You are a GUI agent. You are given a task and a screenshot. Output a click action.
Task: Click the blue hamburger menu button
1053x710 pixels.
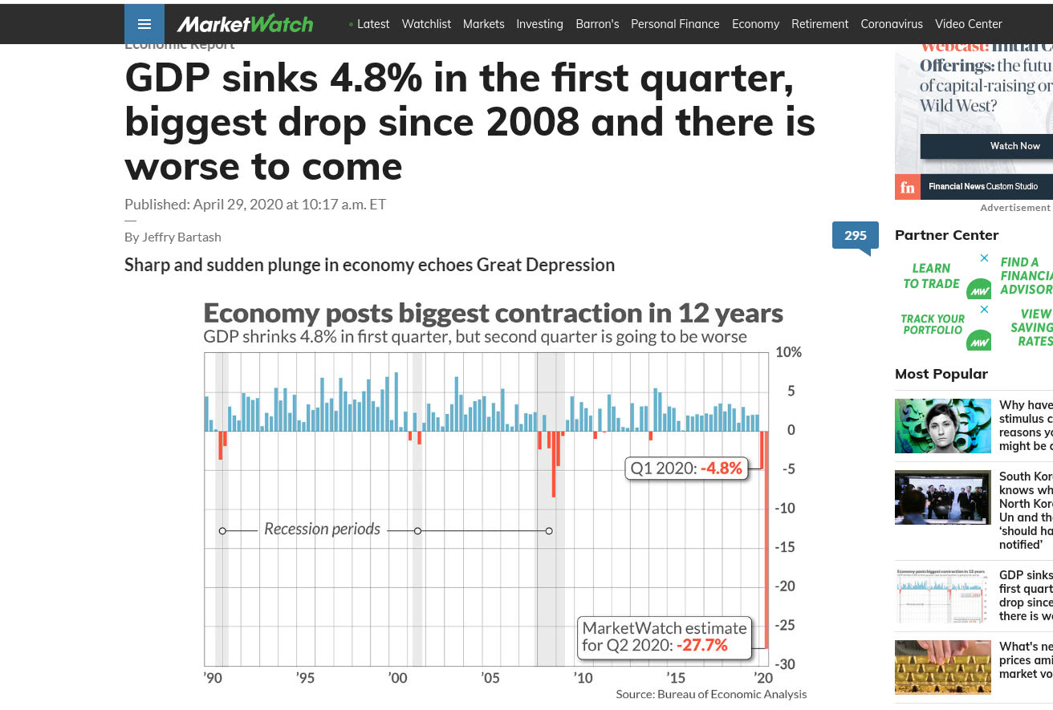click(144, 24)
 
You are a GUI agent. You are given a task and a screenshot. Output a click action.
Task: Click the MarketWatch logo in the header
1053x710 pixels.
click(245, 24)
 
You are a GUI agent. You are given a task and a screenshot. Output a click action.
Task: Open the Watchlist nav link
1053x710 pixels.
click(426, 24)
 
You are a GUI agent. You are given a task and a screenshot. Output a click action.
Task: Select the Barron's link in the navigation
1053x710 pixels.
click(597, 24)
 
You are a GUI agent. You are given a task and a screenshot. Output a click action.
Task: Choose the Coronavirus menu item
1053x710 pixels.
click(892, 24)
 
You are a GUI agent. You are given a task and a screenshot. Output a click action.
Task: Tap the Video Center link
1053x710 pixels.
click(969, 24)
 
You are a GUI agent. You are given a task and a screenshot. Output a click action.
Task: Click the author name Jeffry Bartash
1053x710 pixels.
click(184, 237)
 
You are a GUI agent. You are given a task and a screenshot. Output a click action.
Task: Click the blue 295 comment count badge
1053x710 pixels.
click(855, 235)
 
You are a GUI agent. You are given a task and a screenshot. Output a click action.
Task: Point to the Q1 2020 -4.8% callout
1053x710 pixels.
click(686, 468)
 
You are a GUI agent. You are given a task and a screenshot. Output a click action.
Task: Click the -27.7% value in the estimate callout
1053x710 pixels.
click(701, 645)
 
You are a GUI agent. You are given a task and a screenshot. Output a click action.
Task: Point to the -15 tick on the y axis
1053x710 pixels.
click(785, 547)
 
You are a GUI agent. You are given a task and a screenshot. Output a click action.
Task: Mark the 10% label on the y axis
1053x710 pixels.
click(788, 352)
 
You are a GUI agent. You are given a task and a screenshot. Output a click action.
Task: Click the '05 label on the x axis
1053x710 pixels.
click(490, 678)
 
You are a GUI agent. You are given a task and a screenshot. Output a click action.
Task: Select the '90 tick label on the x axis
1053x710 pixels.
click(212, 678)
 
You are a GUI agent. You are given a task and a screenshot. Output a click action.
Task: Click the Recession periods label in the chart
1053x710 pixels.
click(322, 529)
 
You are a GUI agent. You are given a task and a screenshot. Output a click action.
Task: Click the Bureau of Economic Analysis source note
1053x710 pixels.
click(711, 694)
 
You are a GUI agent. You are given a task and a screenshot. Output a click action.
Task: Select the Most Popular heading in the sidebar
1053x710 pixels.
click(941, 374)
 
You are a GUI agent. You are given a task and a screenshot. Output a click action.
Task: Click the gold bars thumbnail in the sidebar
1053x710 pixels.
click(942, 667)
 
